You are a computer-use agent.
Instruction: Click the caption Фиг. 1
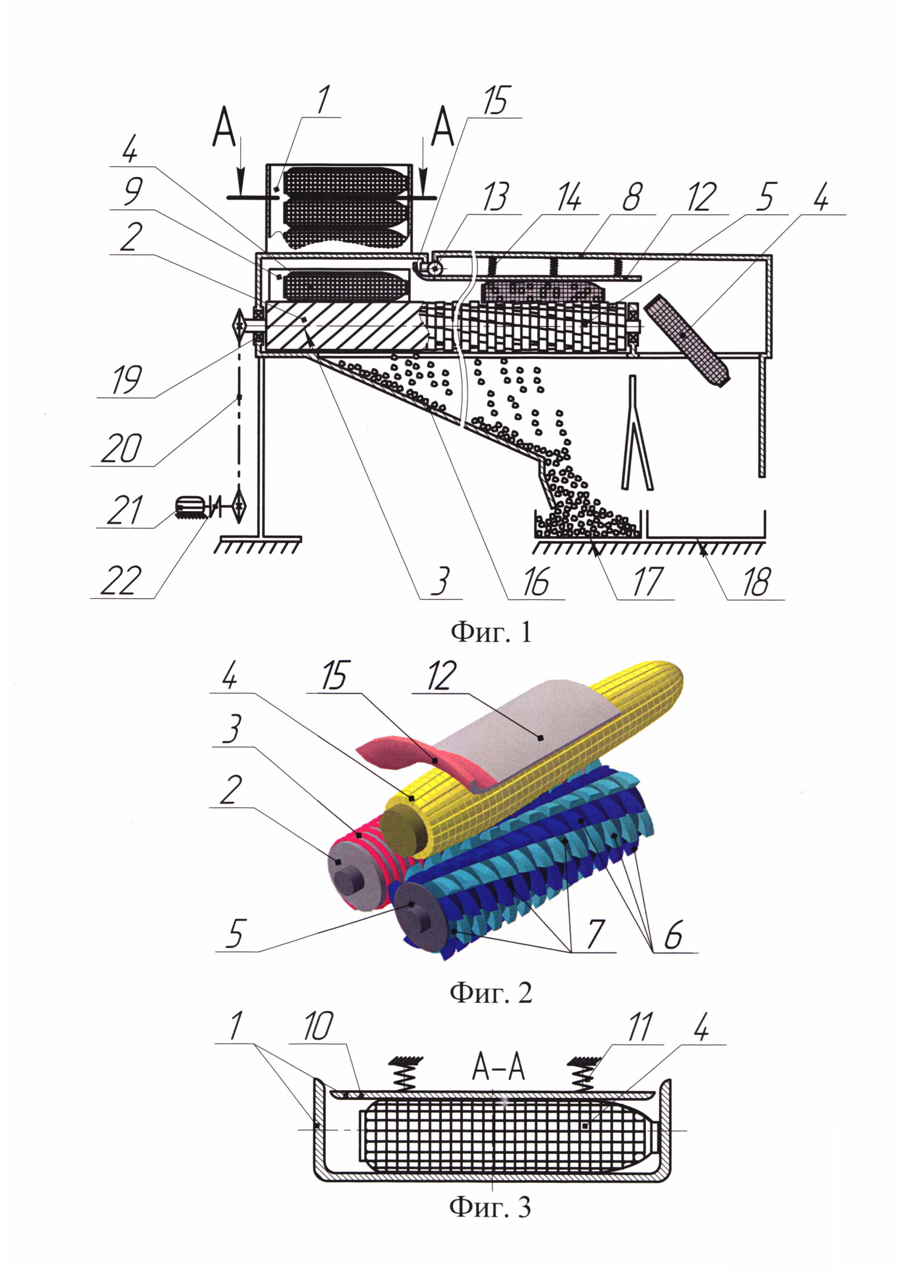(x=491, y=631)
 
